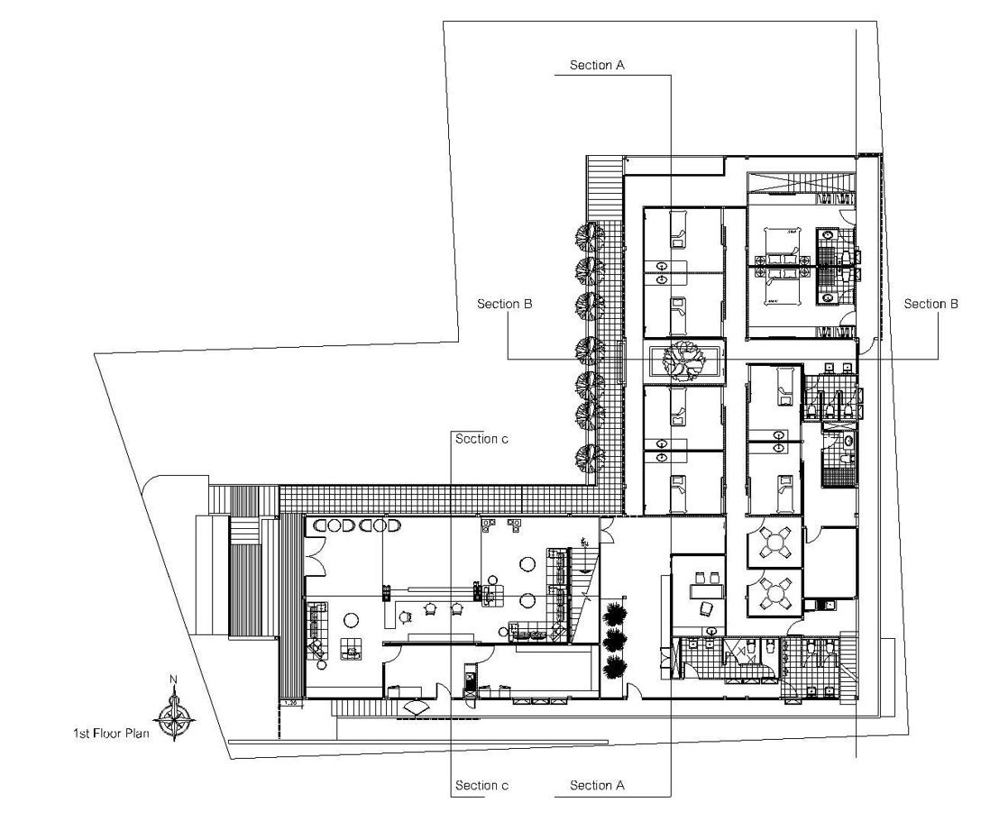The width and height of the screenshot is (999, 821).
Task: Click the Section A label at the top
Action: coord(597,66)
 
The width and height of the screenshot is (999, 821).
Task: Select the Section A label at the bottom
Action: coord(597,786)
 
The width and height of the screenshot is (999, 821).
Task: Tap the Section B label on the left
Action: coord(505,305)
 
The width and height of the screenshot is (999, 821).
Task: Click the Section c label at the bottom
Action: coord(481,786)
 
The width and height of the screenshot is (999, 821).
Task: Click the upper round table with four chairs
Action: coord(775,543)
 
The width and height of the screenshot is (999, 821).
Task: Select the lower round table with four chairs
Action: coord(775,594)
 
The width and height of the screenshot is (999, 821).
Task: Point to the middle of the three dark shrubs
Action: coord(616,641)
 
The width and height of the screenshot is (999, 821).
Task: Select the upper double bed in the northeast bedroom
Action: coord(779,243)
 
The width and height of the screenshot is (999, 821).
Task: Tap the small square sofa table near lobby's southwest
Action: coord(350,648)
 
